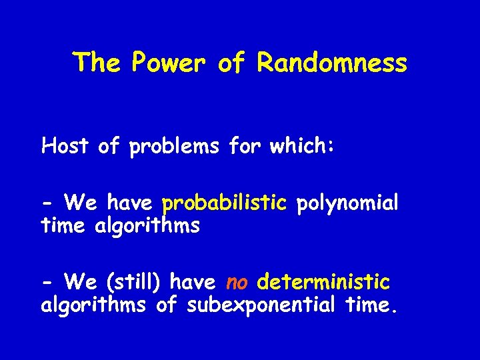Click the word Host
point(65,146)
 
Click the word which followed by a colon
point(301,146)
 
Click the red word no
point(237,283)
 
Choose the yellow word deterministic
point(323,283)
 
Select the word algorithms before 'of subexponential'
point(93,307)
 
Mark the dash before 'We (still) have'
point(47,283)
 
